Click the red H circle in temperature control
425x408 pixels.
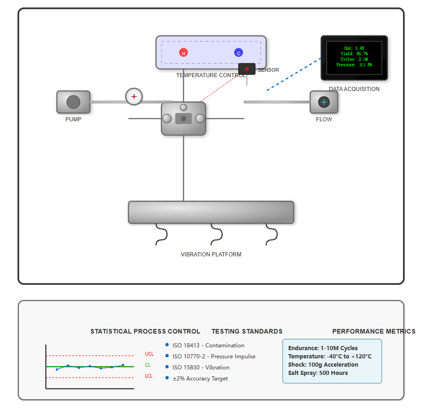point(184,53)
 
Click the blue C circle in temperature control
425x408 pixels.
point(239,53)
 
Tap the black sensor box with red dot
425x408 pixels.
point(247,69)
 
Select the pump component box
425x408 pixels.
point(73,102)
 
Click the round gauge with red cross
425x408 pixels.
point(134,96)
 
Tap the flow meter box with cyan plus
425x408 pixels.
point(324,102)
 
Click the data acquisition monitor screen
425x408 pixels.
point(354,57)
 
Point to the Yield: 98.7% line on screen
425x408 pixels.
point(354,54)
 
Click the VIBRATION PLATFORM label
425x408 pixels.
point(211,255)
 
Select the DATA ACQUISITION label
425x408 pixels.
point(354,89)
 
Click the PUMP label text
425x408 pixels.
point(73,119)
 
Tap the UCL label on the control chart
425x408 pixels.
point(149,354)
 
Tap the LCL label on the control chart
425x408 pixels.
point(149,376)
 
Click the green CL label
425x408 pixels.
point(148,365)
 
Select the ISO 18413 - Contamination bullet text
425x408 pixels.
point(208,346)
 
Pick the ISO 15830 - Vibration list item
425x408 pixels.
point(201,368)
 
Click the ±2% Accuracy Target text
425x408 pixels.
point(200,379)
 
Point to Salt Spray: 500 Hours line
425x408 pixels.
point(318,373)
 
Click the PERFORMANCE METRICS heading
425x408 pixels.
point(374,331)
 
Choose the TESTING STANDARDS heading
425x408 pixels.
point(247,331)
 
